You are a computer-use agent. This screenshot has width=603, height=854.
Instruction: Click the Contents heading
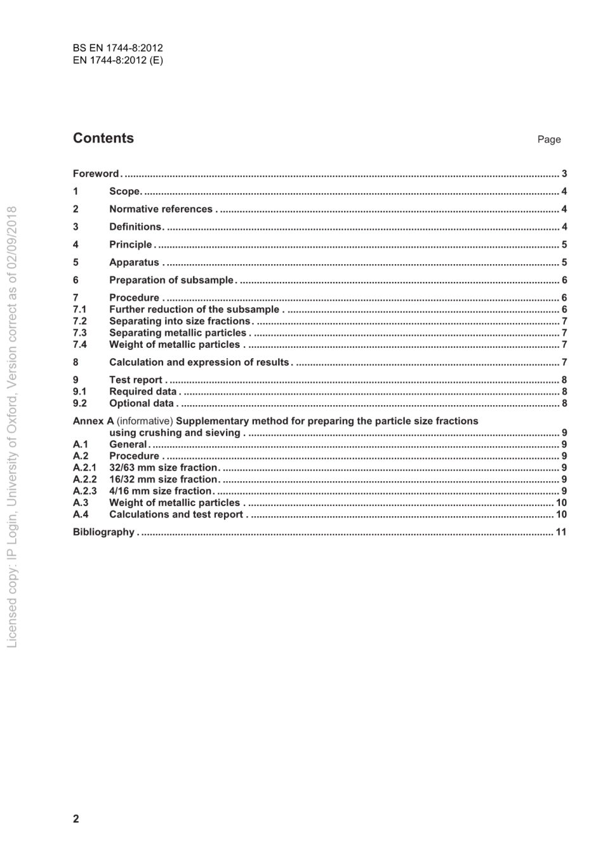pos(103,138)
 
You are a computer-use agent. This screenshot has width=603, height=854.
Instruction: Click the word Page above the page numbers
pos(549,140)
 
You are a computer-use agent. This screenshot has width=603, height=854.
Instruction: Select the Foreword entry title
pos(96,173)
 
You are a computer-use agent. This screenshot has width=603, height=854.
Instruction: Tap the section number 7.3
pos(80,333)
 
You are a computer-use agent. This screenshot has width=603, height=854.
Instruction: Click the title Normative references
pos(161,209)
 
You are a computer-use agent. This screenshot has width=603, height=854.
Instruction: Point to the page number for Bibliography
pos(561,532)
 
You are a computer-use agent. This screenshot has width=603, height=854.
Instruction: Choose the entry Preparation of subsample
pos(171,280)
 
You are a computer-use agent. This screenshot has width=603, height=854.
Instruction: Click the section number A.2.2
pos(85,479)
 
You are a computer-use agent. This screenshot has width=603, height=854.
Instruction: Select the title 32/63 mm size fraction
pos(163,468)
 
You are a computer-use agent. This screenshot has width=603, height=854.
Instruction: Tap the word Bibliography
pos(103,532)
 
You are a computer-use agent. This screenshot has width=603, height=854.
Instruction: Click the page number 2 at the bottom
pos(76,818)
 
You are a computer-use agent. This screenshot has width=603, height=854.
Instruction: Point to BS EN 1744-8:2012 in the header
pos(118,48)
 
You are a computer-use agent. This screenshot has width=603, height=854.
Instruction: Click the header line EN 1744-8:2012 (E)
pos(118,60)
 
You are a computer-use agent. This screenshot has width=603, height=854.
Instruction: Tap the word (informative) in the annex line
pos(145,421)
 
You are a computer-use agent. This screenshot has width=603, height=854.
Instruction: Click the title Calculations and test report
pos(176,514)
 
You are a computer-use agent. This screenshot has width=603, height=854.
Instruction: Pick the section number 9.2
pos(80,403)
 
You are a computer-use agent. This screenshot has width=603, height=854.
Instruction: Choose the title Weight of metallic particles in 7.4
pos(175,345)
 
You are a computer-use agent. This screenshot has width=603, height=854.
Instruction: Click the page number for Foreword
pos(564,173)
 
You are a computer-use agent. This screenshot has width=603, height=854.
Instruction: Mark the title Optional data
pos(141,403)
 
